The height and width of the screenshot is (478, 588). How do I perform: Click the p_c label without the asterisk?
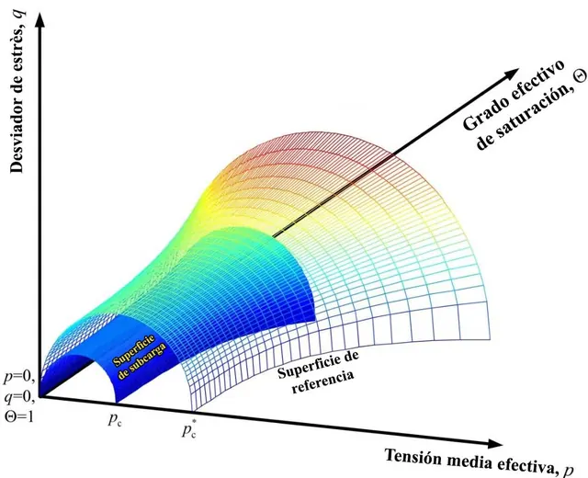pyautogui.click(x=115, y=420)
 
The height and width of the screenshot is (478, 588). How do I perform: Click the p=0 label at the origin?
pyautogui.click(x=19, y=378)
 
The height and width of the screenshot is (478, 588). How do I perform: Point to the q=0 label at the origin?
pyautogui.click(x=19, y=398)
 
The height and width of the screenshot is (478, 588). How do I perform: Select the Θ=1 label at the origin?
pyautogui.click(x=18, y=415)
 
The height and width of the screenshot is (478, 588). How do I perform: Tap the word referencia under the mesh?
pyautogui.click(x=322, y=381)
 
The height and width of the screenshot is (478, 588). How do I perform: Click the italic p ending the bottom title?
pyautogui.click(x=569, y=470)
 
